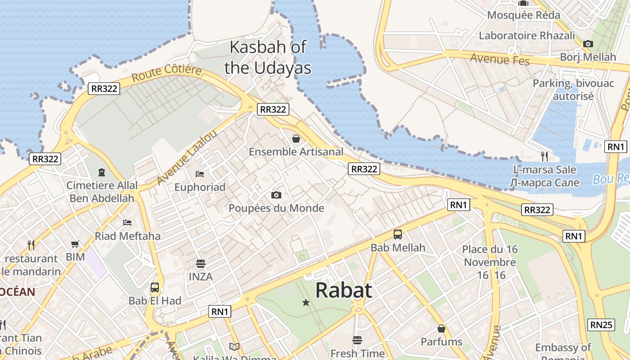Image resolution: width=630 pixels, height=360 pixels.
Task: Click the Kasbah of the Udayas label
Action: [x=268, y=57]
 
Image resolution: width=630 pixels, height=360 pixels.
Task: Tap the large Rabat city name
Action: [x=343, y=291]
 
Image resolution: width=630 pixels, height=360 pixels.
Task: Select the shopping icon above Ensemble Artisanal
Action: [x=296, y=138]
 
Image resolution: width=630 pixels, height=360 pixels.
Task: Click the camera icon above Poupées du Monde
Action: [x=276, y=195]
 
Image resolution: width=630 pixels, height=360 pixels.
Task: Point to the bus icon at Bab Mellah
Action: [x=398, y=234]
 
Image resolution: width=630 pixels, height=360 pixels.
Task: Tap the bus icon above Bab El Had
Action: [x=155, y=287]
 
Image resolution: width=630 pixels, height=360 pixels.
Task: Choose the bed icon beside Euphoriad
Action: [x=200, y=174]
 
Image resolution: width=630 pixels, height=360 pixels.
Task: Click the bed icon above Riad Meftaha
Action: [x=127, y=222]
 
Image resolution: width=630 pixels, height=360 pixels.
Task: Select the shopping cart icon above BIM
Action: [x=75, y=244]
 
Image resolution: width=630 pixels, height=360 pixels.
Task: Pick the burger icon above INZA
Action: [x=201, y=264]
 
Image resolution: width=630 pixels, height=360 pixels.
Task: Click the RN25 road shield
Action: [x=602, y=324]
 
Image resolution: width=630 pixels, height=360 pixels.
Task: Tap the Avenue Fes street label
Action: [x=499, y=58]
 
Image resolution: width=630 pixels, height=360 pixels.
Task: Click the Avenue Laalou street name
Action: [x=187, y=157]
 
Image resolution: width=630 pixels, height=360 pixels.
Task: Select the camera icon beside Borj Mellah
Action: [x=588, y=44]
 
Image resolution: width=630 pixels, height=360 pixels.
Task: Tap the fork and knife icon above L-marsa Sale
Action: [x=544, y=157]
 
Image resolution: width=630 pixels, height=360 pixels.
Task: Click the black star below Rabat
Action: [x=306, y=303]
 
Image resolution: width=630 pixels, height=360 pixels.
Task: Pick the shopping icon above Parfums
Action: [x=441, y=328]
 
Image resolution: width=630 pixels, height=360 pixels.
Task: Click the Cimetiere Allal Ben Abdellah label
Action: [x=102, y=192]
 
